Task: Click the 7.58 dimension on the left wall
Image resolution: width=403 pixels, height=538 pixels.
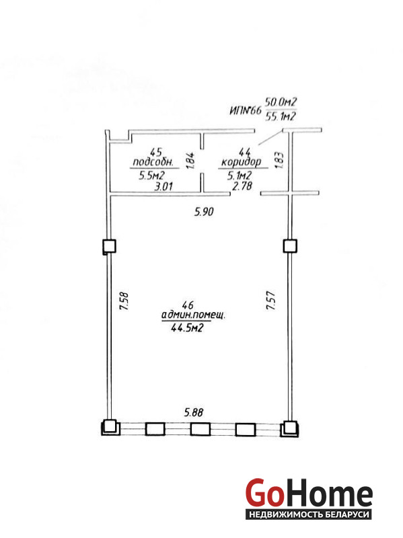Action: click(124, 301)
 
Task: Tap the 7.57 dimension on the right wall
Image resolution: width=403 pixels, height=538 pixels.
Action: click(271, 301)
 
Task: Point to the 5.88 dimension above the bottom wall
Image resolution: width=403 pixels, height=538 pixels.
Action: click(194, 412)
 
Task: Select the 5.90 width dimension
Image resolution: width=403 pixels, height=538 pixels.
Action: click(204, 211)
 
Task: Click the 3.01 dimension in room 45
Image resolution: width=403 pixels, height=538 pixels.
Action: click(163, 186)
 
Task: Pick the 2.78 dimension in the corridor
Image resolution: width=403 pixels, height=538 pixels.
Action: click(242, 186)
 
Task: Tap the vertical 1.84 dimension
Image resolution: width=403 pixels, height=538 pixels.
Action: click(190, 160)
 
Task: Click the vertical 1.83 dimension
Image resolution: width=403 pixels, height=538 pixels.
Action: click(279, 160)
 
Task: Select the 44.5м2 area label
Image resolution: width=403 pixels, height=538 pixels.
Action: click(187, 328)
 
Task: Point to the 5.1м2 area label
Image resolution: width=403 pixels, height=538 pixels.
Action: click(240, 176)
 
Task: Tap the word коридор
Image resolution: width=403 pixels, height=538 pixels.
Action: click(242, 162)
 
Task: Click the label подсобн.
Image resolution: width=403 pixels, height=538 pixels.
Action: click(155, 161)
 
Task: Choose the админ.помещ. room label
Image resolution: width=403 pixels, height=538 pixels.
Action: click(193, 315)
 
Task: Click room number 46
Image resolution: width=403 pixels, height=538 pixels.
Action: click(188, 305)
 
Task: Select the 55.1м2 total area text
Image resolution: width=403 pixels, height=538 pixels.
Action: click(281, 116)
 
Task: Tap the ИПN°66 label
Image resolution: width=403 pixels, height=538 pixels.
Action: click(245, 110)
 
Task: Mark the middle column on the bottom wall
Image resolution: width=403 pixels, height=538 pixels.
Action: click(200, 429)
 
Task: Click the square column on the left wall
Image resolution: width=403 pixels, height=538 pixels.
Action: click(110, 246)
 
